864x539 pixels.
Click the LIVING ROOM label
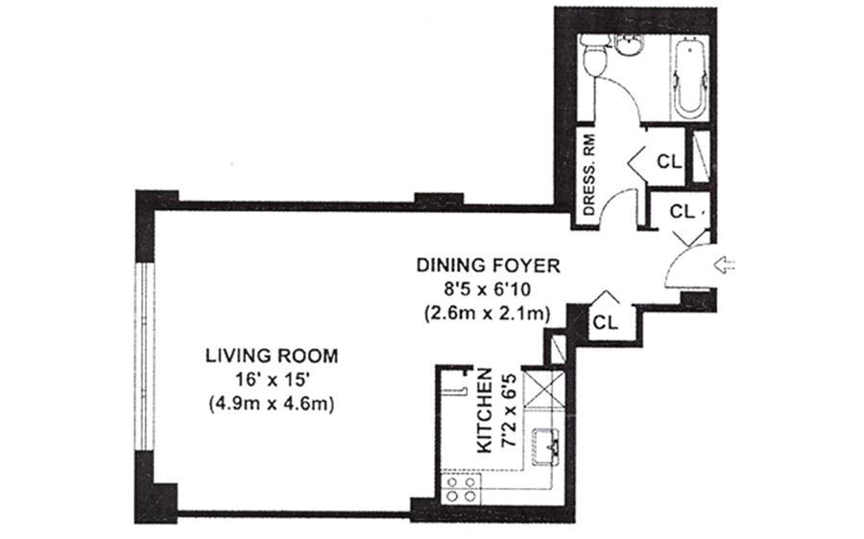272,356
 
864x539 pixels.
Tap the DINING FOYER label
489,266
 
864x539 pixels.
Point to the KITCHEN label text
485,410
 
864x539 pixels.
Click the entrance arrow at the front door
725,265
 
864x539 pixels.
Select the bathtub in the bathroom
689,77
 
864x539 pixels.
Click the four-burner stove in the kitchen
461,489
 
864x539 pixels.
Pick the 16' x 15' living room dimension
271,380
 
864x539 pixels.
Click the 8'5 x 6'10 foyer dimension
489,291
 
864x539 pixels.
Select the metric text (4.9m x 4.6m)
272,404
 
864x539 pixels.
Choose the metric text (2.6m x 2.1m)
489,315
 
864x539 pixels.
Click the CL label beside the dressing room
669,162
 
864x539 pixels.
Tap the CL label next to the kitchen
606,322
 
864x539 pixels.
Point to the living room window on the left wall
146,357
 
